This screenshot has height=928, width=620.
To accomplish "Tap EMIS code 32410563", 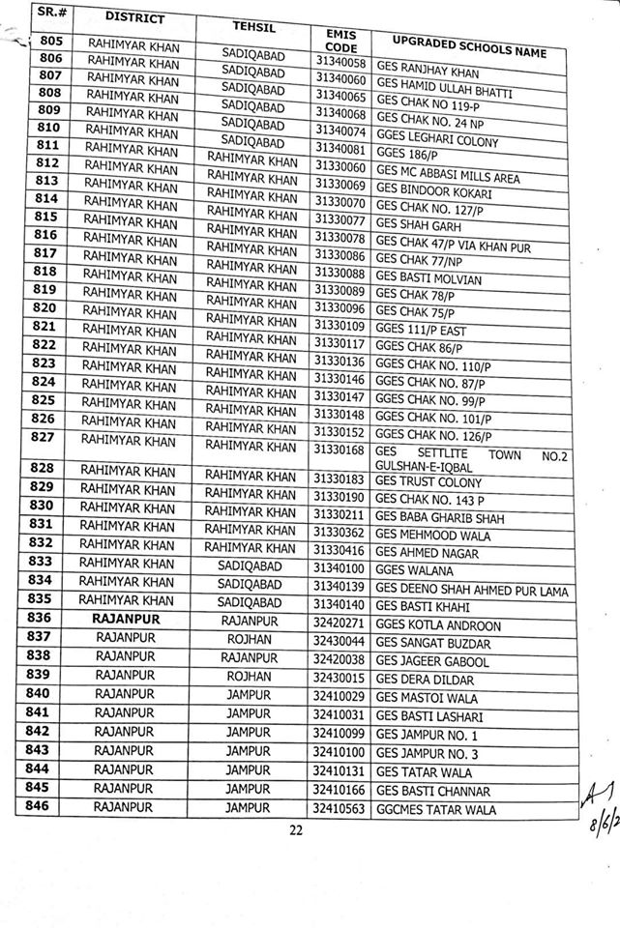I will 338,808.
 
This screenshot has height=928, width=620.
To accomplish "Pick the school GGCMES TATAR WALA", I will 435,809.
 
